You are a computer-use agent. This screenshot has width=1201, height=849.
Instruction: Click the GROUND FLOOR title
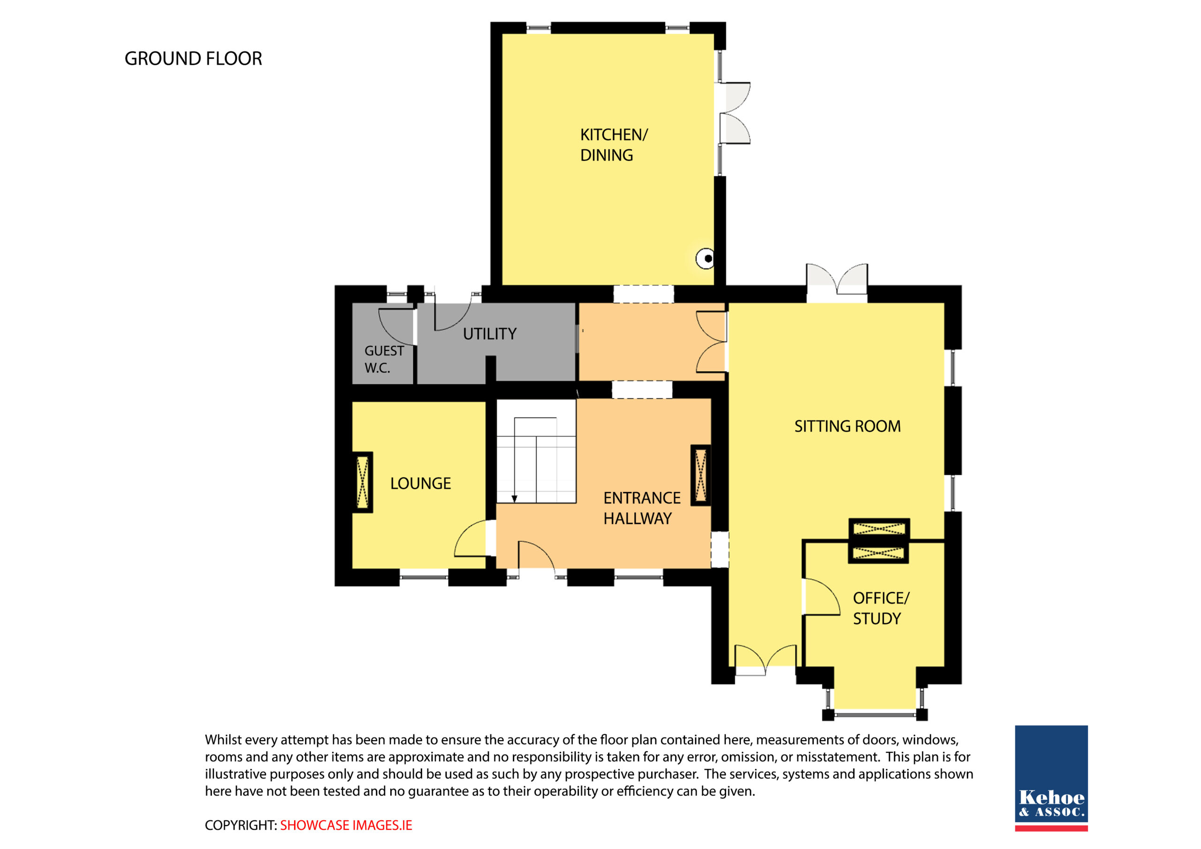(x=193, y=59)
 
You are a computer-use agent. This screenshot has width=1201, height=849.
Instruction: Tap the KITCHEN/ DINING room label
(x=614, y=145)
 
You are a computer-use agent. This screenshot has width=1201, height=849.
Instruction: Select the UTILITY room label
(x=490, y=334)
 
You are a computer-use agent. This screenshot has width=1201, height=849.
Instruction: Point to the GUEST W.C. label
(x=384, y=359)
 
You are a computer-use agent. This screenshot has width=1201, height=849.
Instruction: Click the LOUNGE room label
(x=420, y=483)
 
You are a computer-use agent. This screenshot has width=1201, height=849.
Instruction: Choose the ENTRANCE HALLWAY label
(x=642, y=508)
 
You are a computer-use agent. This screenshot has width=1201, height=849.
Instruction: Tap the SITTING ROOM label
(x=847, y=426)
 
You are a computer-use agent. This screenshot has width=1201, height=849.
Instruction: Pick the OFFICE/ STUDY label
(x=881, y=608)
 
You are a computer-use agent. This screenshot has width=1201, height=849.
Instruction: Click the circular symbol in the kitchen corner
(x=705, y=258)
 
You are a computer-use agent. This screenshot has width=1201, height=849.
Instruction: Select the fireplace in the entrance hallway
(x=701, y=476)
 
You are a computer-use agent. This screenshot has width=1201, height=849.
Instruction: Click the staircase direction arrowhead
(x=514, y=499)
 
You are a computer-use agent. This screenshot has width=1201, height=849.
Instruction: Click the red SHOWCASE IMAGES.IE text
(x=346, y=826)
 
